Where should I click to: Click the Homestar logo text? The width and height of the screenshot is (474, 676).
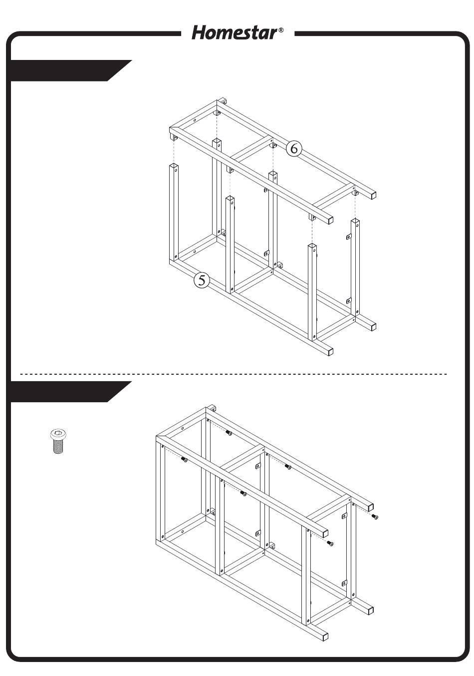tap(235, 33)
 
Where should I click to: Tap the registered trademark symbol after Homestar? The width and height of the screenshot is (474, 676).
tap(281, 30)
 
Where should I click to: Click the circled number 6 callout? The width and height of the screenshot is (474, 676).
tap(294, 148)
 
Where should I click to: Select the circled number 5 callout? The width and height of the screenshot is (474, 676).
tap(201, 280)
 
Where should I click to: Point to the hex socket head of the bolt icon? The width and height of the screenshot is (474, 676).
tap(58, 435)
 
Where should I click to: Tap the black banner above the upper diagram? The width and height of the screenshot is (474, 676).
tap(69, 70)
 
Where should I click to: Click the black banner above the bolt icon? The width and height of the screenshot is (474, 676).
tap(69, 392)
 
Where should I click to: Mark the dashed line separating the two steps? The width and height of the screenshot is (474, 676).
tap(234, 374)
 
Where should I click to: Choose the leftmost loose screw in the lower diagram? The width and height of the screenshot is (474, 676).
tap(184, 460)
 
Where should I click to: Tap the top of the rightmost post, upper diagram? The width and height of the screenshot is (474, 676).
tap(355, 222)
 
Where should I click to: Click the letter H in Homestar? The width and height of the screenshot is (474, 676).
tap(200, 33)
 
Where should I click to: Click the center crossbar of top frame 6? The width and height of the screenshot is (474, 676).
tap(252, 147)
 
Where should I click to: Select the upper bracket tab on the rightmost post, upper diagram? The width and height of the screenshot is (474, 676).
tap(349, 237)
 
